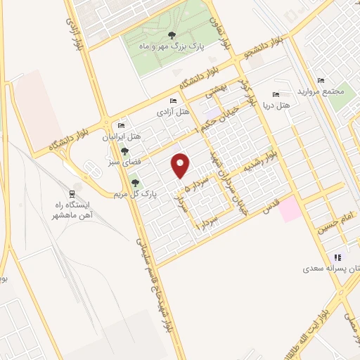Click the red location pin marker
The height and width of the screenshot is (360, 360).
181,166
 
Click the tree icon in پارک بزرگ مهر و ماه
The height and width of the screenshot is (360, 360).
172,35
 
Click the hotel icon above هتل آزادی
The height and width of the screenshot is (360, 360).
174,101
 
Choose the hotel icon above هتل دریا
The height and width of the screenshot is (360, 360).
275,94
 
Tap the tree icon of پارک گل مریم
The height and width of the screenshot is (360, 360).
135,183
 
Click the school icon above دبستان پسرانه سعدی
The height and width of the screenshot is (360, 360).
337,257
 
